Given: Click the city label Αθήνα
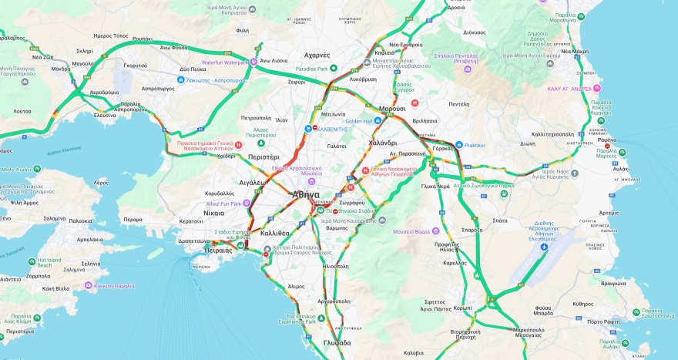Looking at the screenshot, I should pyautogui.click(x=306, y=195).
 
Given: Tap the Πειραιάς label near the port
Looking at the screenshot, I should pyautogui.click(x=219, y=251).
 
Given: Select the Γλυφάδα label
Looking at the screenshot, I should pyautogui.click(x=337, y=343).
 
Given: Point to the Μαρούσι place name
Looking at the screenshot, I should pyautogui.click(x=391, y=109).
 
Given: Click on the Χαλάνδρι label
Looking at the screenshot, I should pyautogui.click(x=382, y=143).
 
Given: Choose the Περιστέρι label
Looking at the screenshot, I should pyautogui.click(x=263, y=156).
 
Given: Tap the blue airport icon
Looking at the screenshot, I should pyautogui.click(x=545, y=247).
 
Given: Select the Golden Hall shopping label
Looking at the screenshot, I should pyautogui.click(x=359, y=121).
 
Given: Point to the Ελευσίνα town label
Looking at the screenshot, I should pyautogui.click(x=105, y=115).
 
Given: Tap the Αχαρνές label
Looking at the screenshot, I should pyautogui.click(x=317, y=56).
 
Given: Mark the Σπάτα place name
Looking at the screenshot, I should pyautogui.click(x=499, y=220).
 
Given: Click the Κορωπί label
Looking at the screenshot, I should pyautogui.click(x=485, y=308).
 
